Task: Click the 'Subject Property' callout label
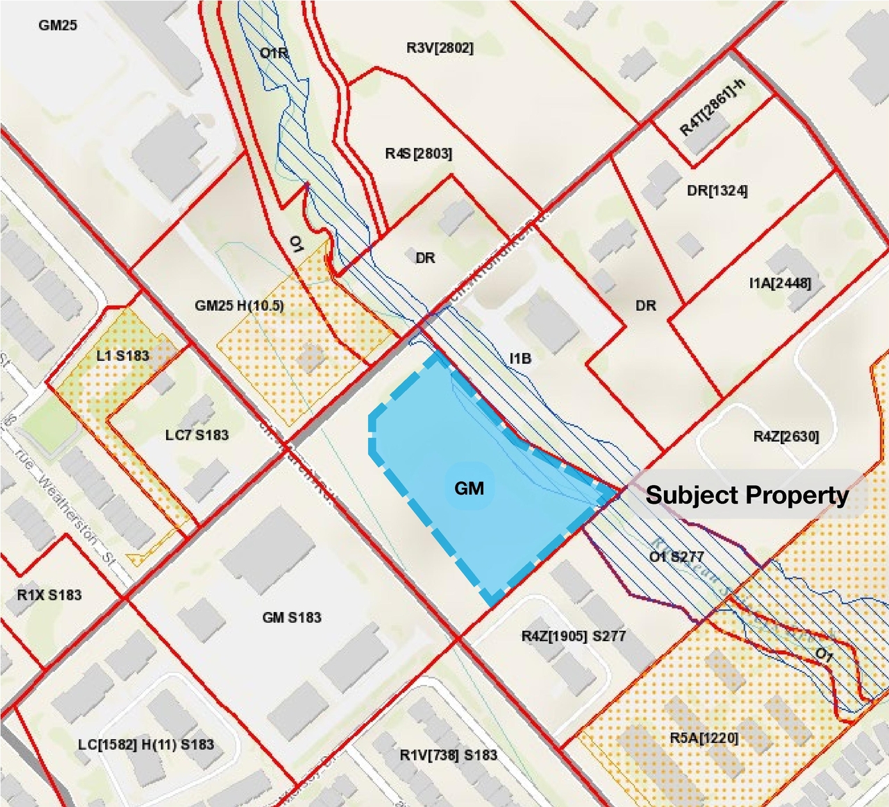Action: [747, 495]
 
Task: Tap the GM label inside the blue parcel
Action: [469, 489]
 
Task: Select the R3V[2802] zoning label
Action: [440, 48]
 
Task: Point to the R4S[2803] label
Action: [418, 153]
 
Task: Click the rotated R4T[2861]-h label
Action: [712, 107]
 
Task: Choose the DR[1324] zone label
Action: [717, 190]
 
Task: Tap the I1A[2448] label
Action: [780, 282]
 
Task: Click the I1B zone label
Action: [520, 358]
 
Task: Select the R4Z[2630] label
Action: [786, 436]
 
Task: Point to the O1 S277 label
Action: [676, 557]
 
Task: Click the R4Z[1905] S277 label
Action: [573, 636]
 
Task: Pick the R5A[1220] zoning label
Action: [704, 737]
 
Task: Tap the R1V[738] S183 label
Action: [448, 755]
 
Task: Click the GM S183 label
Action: [292, 617]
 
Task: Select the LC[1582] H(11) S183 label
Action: [146, 745]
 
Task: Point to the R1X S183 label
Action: [49, 595]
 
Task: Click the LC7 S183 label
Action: [197, 435]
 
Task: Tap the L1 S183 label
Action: [122, 355]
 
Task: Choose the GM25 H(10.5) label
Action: [239, 305]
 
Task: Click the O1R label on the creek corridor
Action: [274, 53]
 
